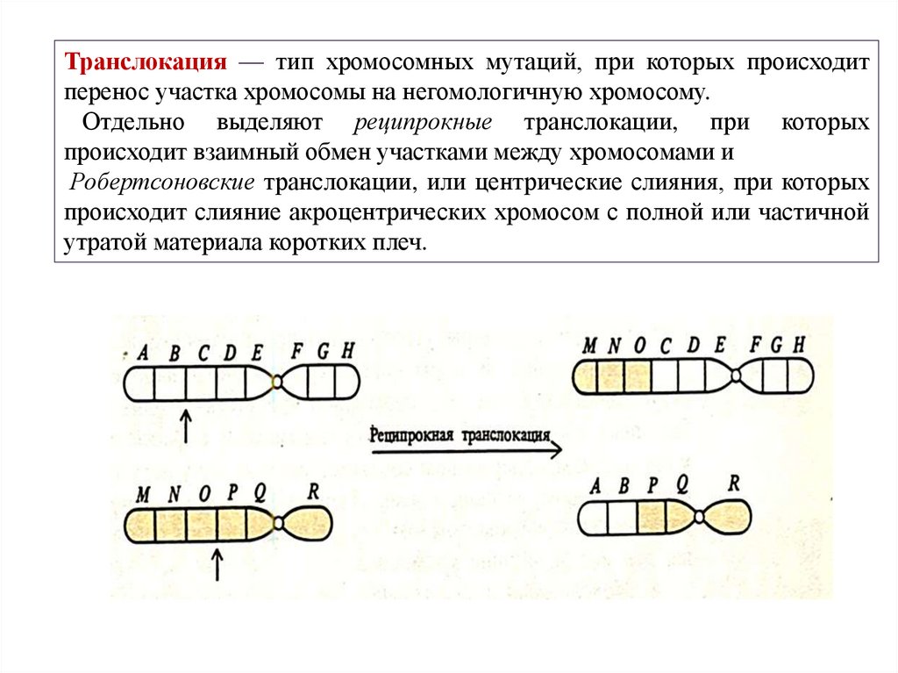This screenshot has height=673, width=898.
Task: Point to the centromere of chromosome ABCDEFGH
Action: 277,382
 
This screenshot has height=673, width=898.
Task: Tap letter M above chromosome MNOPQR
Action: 143,494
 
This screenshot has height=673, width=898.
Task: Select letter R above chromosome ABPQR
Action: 733,483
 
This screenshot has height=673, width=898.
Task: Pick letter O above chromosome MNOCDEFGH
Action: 639,347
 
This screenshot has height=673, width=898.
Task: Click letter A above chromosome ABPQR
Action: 596,487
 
